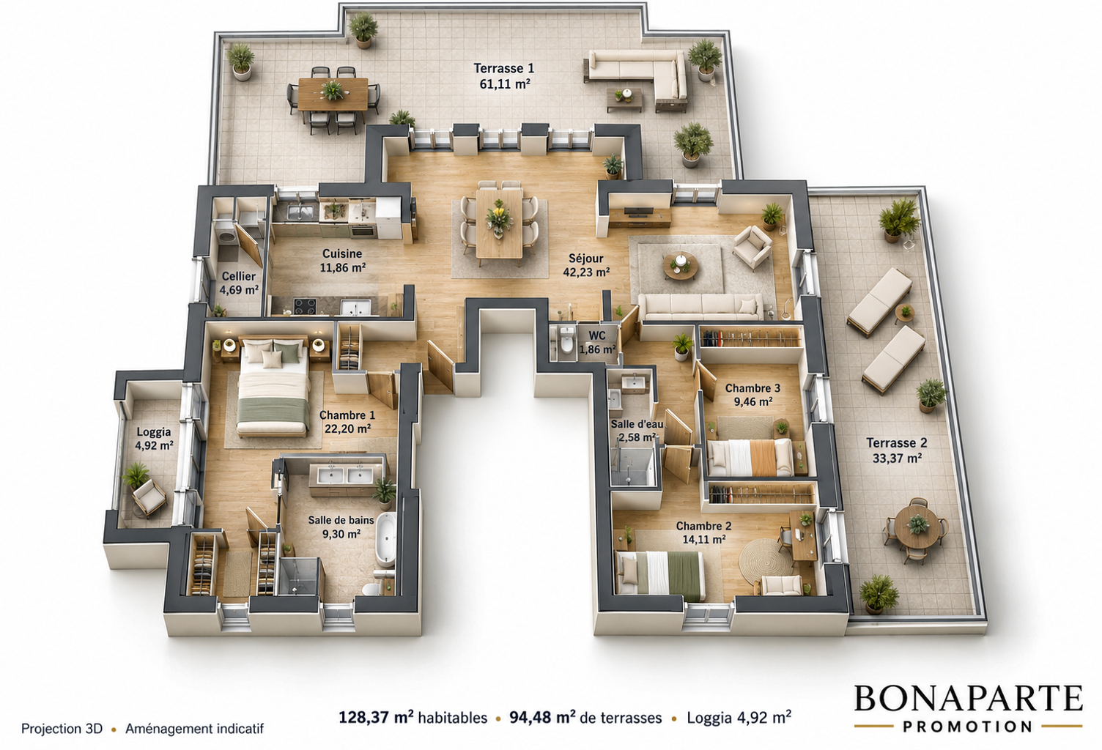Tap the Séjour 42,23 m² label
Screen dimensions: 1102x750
(586, 265)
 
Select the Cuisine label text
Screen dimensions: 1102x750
(342, 253)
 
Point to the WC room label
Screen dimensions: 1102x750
(596, 335)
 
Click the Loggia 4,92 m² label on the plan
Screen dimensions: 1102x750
(154, 439)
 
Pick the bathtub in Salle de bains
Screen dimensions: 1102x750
(386, 538)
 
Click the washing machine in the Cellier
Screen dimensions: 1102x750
(227, 237)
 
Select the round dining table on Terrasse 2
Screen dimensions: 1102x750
(916, 526)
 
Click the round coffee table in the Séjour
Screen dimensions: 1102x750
(680, 266)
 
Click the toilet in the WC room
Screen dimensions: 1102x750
(566, 341)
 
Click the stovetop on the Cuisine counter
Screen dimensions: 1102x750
(305, 306)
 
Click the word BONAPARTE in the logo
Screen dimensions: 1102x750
(968, 698)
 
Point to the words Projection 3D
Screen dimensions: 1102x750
(62, 728)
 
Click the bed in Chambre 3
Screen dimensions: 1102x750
(750, 457)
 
